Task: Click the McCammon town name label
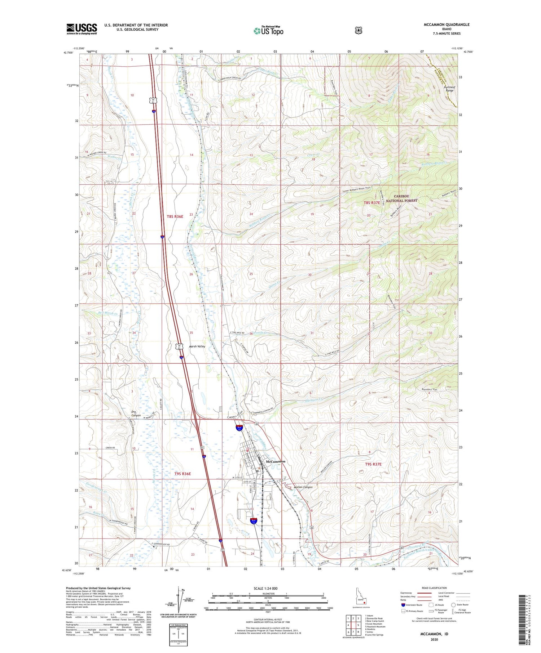[275, 461]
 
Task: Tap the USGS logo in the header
[82, 29]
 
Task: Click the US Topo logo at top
[268, 31]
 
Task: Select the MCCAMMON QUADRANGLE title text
[447, 25]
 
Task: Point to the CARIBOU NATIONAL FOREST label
[401, 198]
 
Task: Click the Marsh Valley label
[197, 346]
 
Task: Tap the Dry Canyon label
[136, 413]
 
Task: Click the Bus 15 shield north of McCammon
[239, 428]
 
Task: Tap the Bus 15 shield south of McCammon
[254, 521]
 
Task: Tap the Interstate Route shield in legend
[403, 605]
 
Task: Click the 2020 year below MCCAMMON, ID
[434, 640]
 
